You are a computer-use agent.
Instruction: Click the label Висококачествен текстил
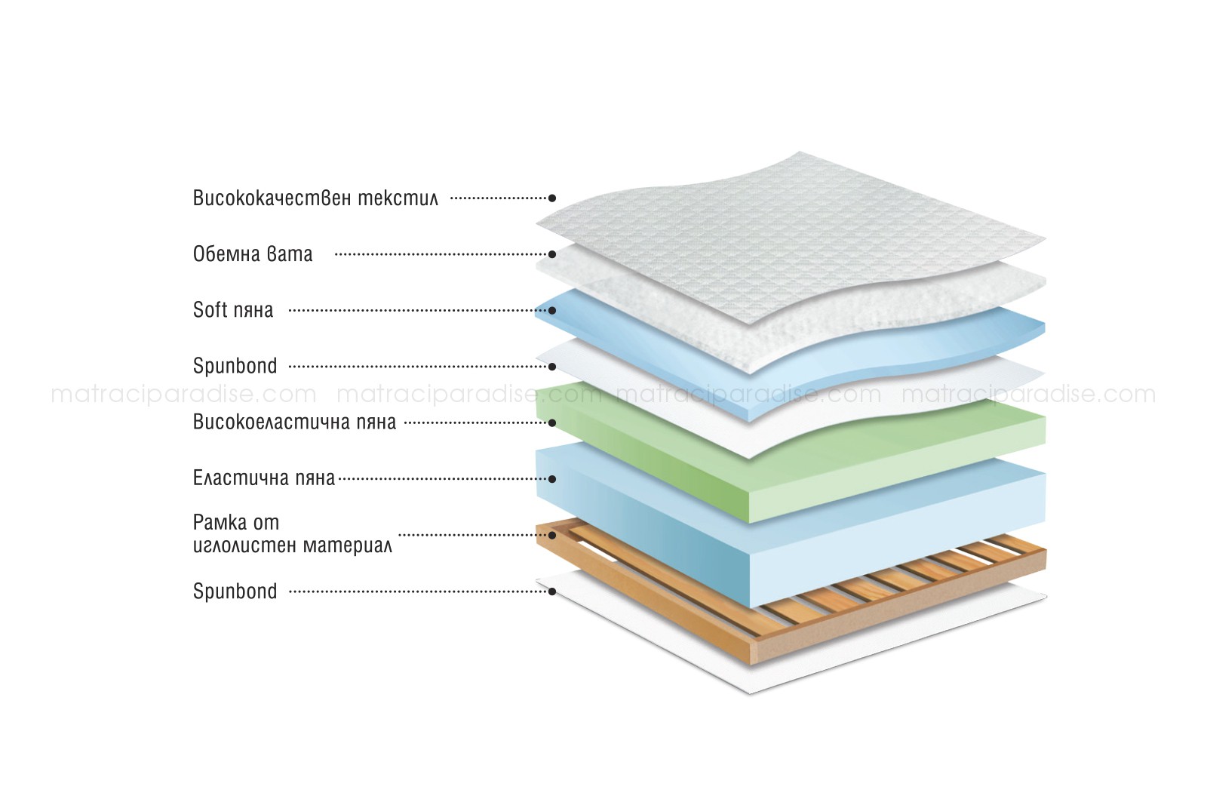(x=316, y=198)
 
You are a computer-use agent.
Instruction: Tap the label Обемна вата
(x=253, y=254)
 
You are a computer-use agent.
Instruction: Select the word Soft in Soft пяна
(x=210, y=310)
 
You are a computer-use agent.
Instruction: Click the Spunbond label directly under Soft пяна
(x=235, y=367)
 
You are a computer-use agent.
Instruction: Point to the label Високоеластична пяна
(x=294, y=422)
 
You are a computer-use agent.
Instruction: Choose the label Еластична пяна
(x=264, y=478)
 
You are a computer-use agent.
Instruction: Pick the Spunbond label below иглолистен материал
(x=235, y=591)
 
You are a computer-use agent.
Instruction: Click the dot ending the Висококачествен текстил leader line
(x=552, y=198)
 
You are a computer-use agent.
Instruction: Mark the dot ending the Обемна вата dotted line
(x=552, y=254)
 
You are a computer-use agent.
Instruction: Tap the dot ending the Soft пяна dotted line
(x=552, y=310)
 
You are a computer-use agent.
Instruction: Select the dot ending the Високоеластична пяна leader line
(x=552, y=423)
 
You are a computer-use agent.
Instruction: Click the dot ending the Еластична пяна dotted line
(x=552, y=479)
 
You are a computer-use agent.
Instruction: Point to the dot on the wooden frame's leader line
(x=552, y=535)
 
